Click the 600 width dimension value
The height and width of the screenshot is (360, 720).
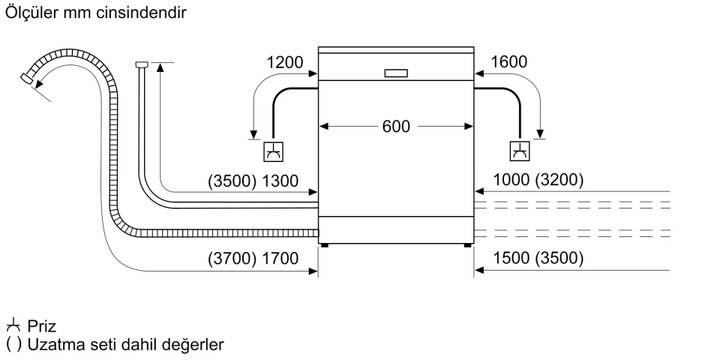396,127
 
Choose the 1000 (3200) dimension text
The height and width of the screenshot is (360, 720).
539,180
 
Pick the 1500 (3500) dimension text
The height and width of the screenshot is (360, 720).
539,259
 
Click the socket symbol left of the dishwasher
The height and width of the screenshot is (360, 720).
273,151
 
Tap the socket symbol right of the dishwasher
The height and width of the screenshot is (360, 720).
519,151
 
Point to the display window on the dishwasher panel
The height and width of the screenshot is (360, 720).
396,73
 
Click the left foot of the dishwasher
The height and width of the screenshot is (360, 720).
324,244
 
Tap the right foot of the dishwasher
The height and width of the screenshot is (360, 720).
468,244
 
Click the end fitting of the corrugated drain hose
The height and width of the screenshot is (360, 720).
28,77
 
